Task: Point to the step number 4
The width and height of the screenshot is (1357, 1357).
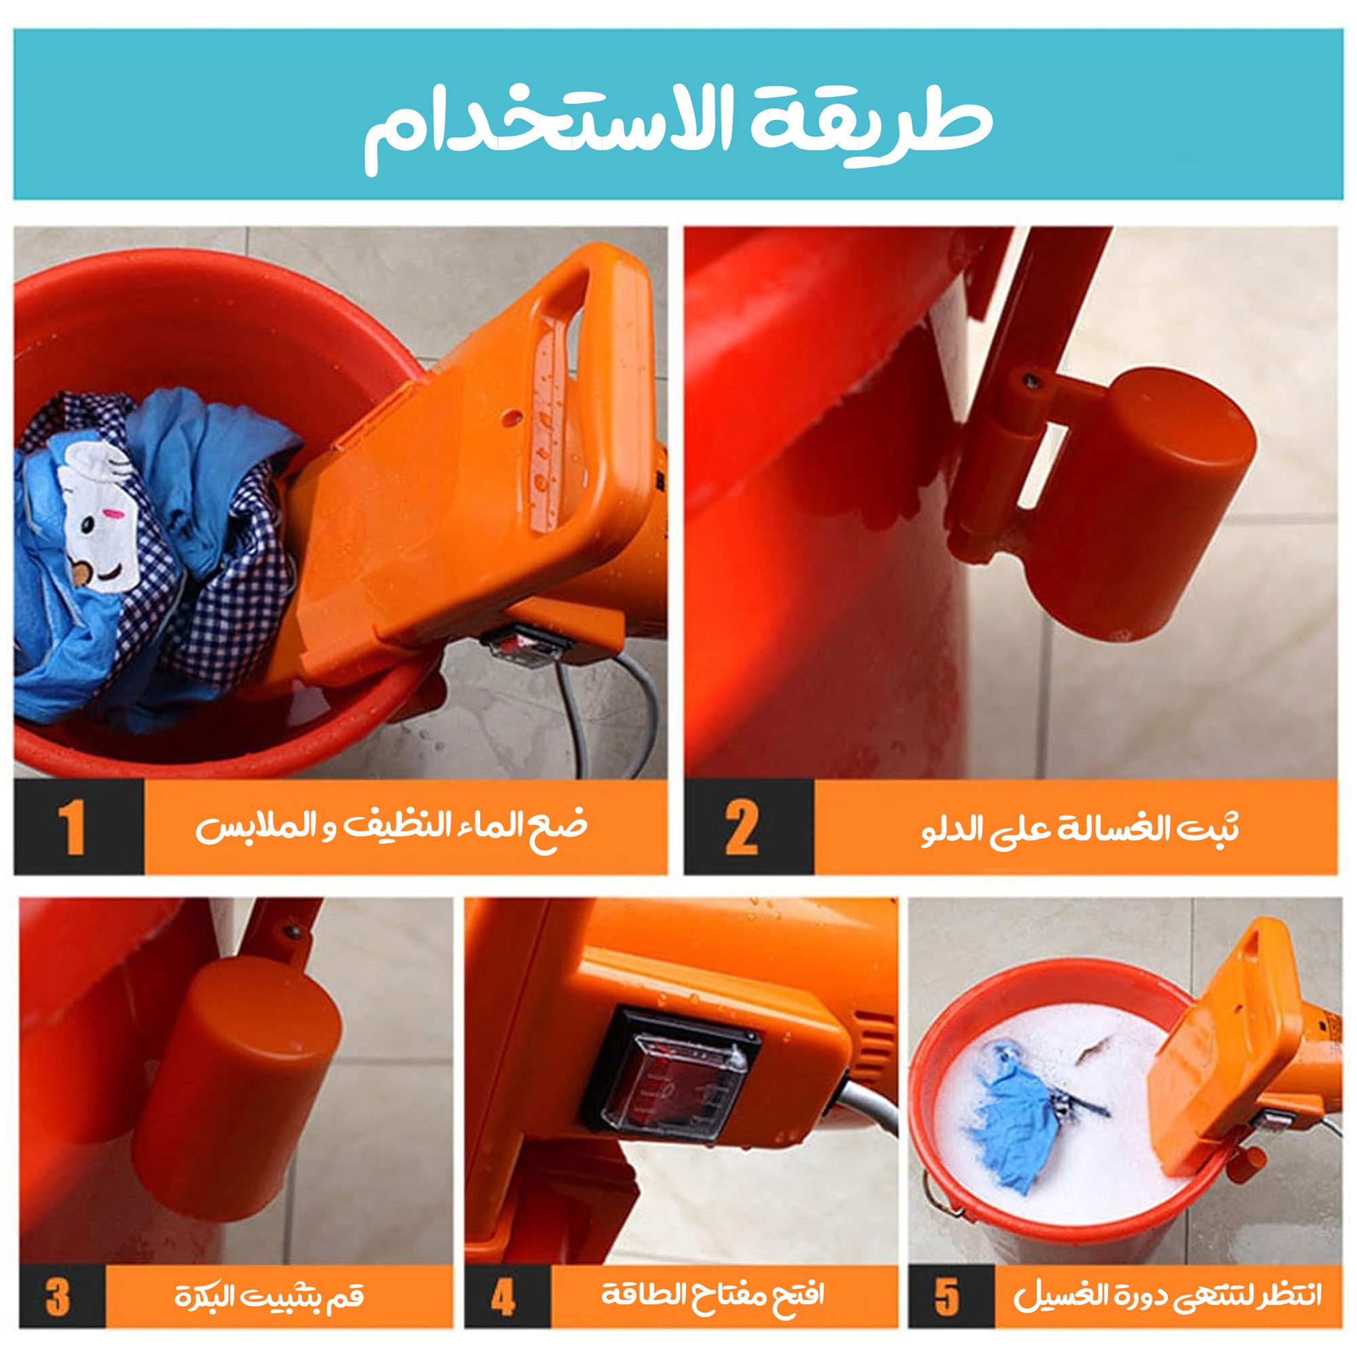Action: [x=502, y=1274]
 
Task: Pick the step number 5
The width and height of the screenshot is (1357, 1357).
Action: [x=946, y=1274]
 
